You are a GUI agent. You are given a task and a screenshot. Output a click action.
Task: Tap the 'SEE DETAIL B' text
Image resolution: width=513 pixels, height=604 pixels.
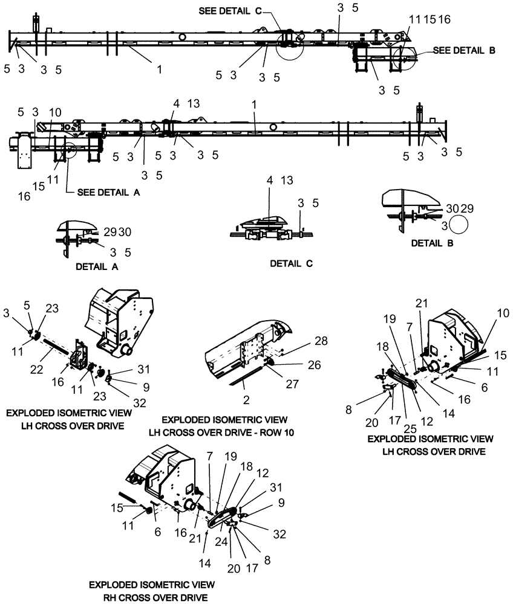click(463, 51)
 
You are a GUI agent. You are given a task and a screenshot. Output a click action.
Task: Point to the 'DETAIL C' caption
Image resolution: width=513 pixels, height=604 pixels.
click(287, 265)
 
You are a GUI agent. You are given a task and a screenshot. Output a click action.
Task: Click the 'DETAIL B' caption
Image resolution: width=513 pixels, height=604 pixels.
click(433, 243)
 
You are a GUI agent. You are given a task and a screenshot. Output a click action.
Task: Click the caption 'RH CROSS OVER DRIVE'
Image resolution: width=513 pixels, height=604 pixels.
click(151, 597)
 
